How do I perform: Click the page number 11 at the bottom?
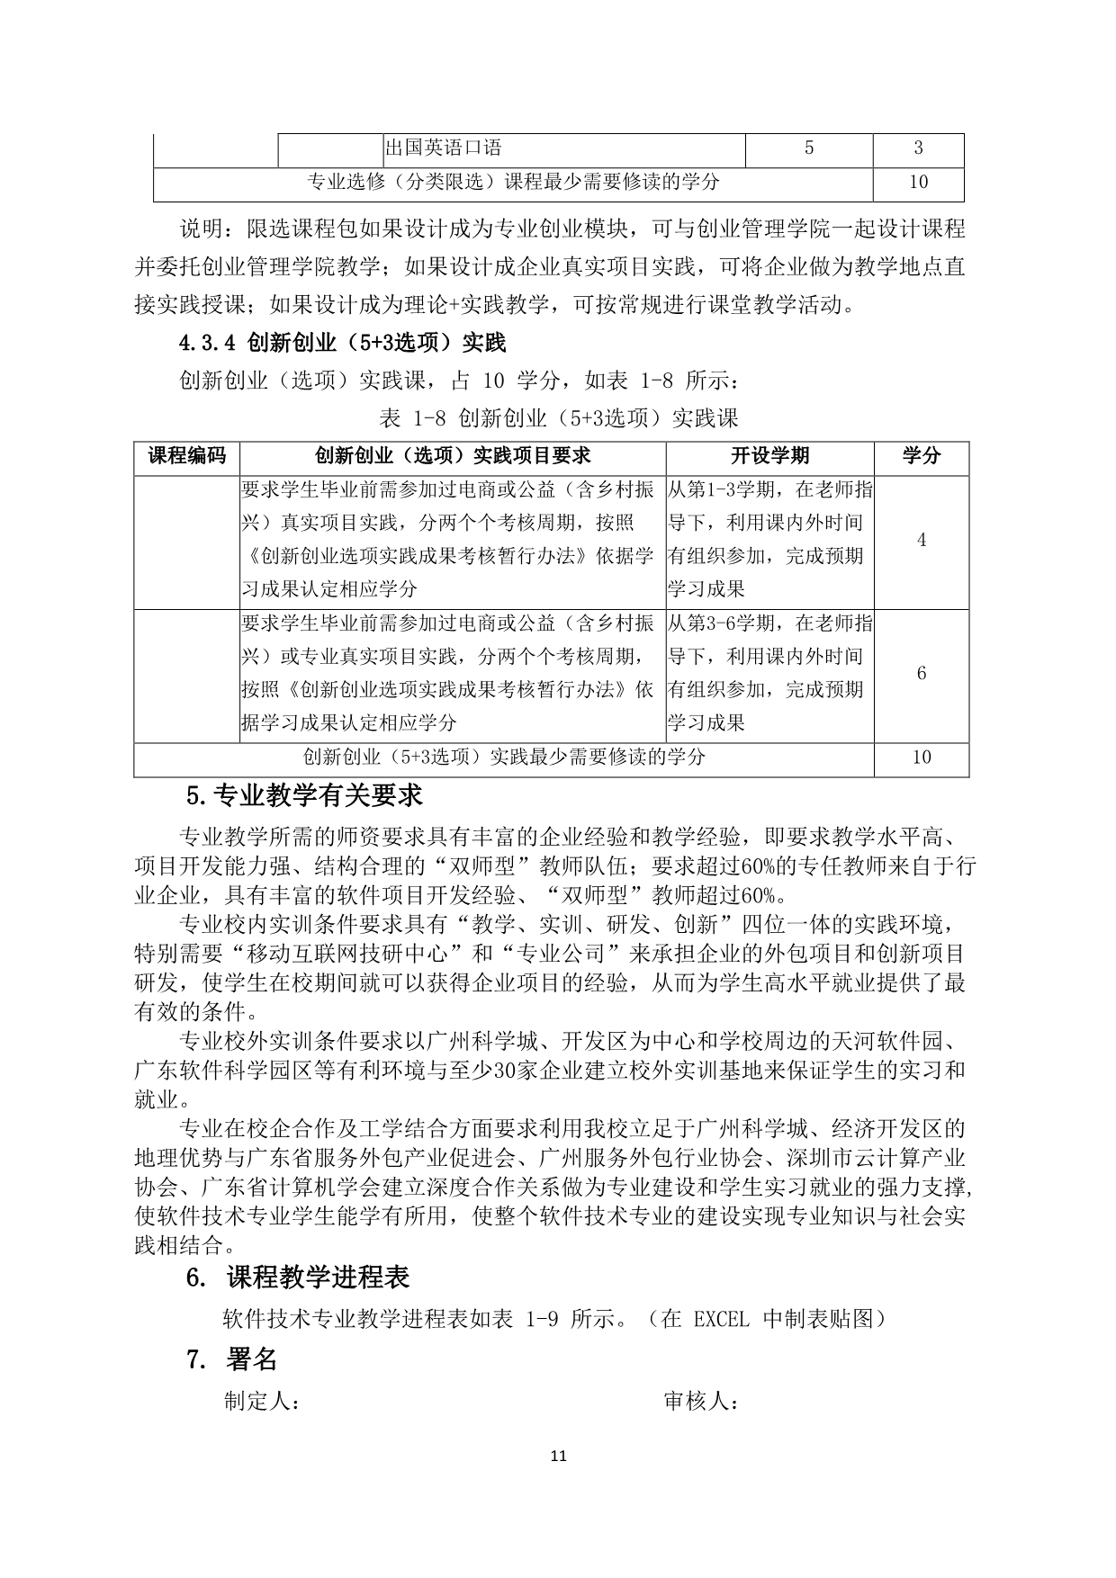pos(558,1456)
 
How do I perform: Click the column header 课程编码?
pos(187,456)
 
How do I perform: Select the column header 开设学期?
pos(769,456)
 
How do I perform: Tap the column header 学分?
pos(921,456)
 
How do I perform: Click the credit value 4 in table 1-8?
pos(921,540)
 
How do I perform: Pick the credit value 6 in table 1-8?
pos(921,674)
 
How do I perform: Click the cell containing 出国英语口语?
pos(443,148)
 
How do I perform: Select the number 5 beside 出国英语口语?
pos(808,148)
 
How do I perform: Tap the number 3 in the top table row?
pos(918,148)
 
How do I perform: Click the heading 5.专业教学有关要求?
pos(304,796)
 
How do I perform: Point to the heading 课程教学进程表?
pos(319,1278)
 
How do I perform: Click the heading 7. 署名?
pos(231,1359)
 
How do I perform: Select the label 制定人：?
pos(262,1402)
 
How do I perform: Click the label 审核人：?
pos(701,1402)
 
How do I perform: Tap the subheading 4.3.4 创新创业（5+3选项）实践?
pos(343,343)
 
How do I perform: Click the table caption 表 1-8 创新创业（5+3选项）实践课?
pos(559,418)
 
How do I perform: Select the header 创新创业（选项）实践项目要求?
pos(453,456)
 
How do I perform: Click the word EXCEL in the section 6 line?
pos(722,1319)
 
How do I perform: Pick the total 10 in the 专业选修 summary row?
pos(918,183)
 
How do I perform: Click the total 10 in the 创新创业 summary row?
pos(921,758)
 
